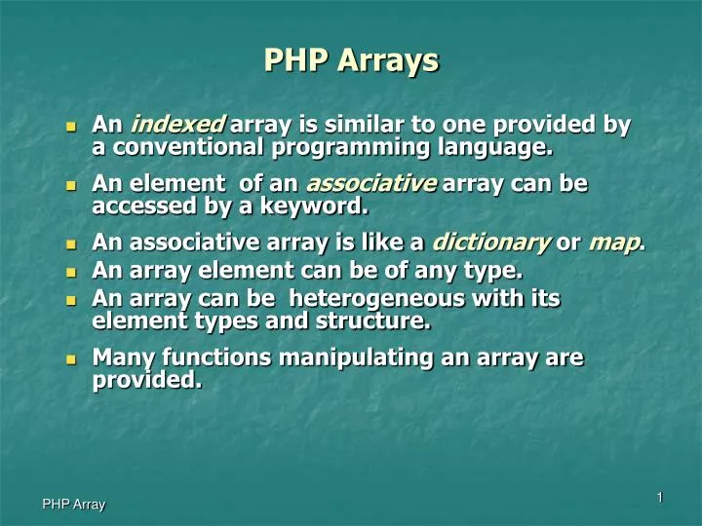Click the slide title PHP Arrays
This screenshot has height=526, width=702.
click(351, 62)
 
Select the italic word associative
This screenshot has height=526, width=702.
click(371, 184)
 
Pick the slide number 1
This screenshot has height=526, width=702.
click(660, 498)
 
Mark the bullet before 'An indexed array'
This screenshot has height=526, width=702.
click(69, 127)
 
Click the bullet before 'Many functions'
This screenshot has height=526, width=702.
click(69, 360)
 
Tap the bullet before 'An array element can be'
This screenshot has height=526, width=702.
click(69, 272)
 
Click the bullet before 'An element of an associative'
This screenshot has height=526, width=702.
click(69, 185)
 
